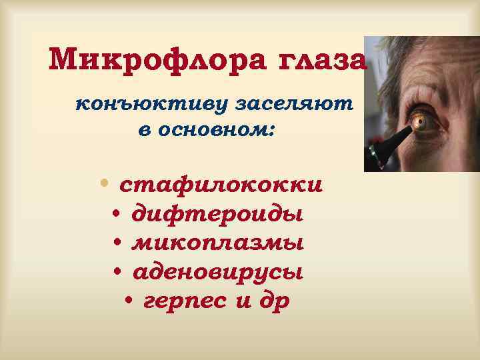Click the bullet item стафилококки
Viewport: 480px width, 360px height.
click(x=221, y=183)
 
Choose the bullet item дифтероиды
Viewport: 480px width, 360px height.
click(x=217, y=214)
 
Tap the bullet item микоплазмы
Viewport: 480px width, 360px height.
click(x=218, y=243)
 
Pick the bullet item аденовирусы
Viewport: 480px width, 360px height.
click(x=217, y=272)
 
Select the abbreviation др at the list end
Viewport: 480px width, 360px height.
click(x=276, y=301)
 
